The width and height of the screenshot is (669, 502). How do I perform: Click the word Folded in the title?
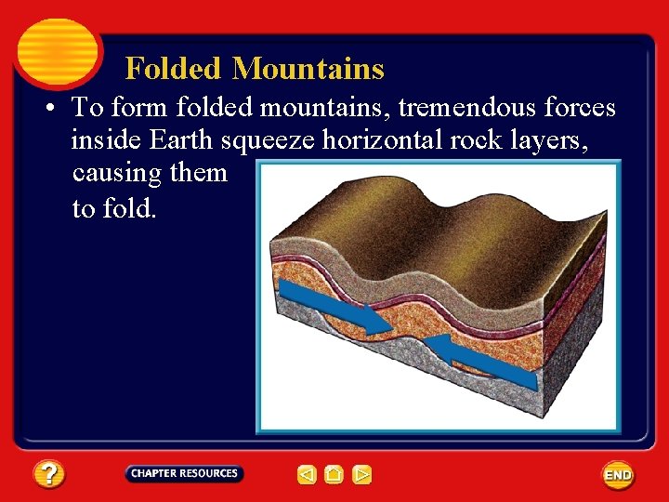(174, 69)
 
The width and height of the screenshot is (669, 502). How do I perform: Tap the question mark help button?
(49, 475)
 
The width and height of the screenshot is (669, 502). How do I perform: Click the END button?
(618, 475)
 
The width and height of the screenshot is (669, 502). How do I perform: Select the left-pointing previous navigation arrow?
(307, 475)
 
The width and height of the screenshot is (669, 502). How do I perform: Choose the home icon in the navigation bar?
(334, 475)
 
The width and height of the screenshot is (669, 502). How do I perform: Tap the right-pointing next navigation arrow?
(362, 475)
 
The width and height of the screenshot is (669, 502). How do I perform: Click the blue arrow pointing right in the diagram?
(335, 308)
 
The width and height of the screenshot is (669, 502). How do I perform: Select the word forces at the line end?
(580, 109)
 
